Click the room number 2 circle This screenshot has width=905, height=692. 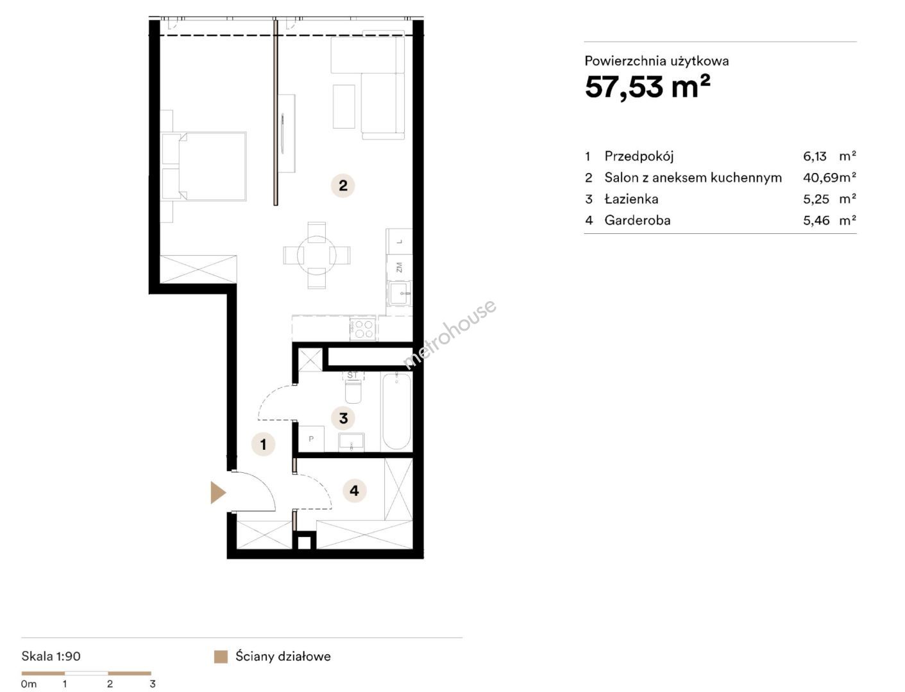click(343, 185)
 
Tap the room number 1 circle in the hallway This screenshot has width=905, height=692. click(263, 444)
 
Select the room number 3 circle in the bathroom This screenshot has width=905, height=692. click(343, 418)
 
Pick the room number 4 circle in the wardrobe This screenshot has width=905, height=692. click(354, 491)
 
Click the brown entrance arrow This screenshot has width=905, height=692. click(217, 492)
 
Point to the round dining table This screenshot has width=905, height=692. click(317, 256)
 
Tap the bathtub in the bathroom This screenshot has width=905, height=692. click(396, 411)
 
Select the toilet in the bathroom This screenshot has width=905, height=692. click(353, 390)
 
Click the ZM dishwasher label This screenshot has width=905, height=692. click(399, 268)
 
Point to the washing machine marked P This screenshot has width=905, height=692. click(311, 439)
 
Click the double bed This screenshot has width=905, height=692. click(204, 166)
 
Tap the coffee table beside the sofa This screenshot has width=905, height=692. click(344, 106)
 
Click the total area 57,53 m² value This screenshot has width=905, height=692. click(647, 87)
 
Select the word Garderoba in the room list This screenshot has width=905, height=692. click(638, 220)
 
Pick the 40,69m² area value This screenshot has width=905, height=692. click(829, 177)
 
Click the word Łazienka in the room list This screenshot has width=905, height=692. click(631, 199)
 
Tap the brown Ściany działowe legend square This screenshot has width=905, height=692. click(221, 657)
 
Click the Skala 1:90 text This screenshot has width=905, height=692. click(51, 656)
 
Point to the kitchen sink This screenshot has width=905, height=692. click(399, 292)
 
